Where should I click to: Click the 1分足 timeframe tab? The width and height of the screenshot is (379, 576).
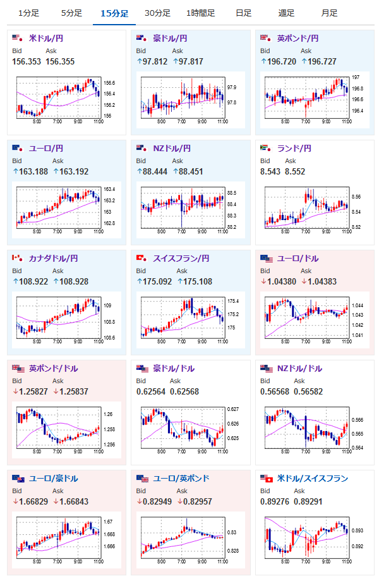pos(29,13)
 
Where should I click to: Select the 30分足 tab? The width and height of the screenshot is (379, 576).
pos(157,13)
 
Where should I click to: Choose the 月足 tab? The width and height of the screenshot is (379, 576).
pos(328,13)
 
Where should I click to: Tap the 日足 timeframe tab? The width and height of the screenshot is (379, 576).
pos(243,13)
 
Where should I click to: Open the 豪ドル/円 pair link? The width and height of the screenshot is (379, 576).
pos(170,39)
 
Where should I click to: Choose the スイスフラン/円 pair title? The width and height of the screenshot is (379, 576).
pos(180,259)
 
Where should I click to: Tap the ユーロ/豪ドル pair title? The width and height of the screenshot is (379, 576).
pos(54,479)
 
